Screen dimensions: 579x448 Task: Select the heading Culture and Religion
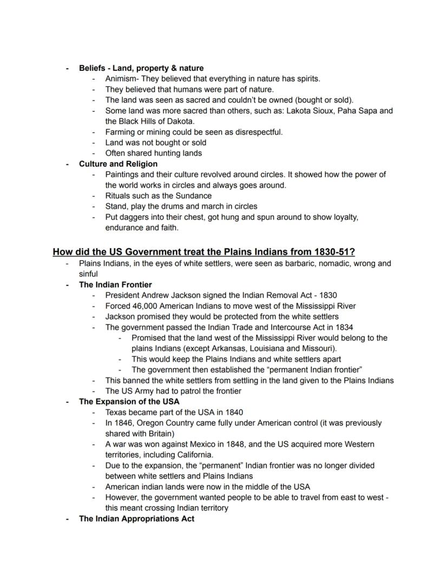[118, 164]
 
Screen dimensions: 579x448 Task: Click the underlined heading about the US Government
[203, 251]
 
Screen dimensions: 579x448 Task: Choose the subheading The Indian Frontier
[115, 284]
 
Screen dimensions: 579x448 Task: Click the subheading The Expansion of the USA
[129, 401]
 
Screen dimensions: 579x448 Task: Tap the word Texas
[116, 412]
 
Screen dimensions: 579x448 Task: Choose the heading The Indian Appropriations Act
[136, 518]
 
